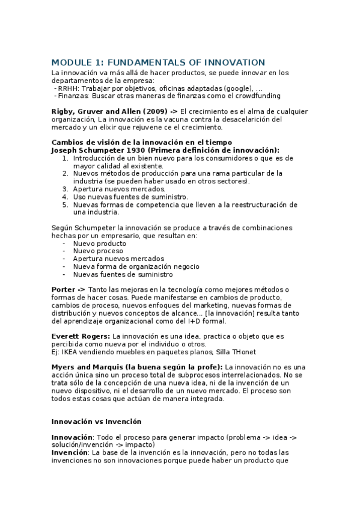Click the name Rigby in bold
point(64,111)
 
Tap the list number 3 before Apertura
point(66,189)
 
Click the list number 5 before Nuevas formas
point(66,204)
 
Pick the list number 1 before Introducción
point(66,158)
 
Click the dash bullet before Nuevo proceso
point(64,251)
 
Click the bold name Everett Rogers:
point(81,336)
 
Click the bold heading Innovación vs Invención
point(96,422)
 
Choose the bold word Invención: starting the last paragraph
point(70,452)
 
